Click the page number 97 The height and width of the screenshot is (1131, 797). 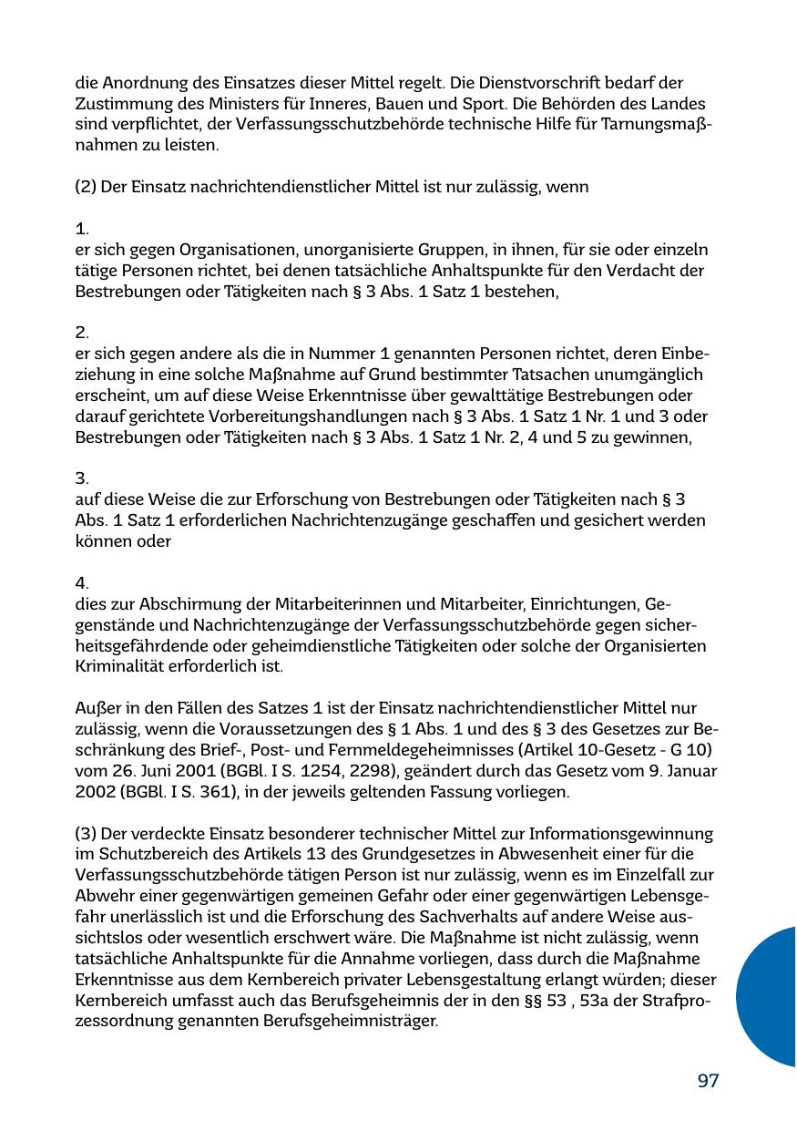pyautogui.click(x=708, y=1081)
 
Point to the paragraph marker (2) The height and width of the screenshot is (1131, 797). pyautogui.click(x=86, y=187)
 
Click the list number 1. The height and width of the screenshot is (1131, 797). pyautogui.click(x=81, y=229)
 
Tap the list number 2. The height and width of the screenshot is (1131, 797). pyautogui.click(x=81, y=334)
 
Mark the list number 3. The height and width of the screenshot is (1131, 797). pyautogui.click(x=81, y=478)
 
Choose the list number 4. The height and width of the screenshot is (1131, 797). pyautogui.click(x=81, y=583)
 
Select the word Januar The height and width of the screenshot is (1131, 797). pyautogui.click(x=691, y=771)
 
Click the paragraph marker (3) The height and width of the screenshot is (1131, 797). pyautogui.click(x=86, y=834)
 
